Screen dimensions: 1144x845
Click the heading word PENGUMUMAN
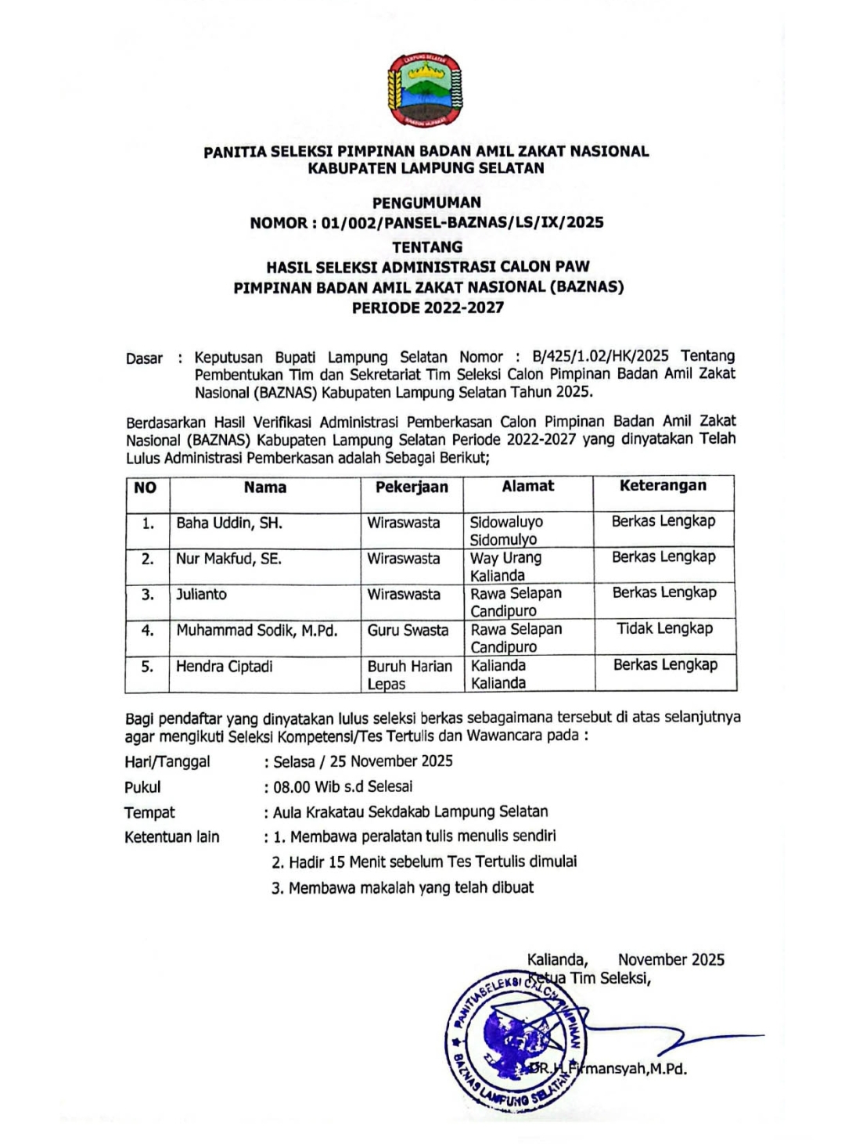tap(426, 202)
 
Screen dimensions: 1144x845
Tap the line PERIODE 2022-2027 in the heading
tap(427, 308)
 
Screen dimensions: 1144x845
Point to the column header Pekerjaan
tap(412, 487)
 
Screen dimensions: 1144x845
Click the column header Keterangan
tap(663, 486)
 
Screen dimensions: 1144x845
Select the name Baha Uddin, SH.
tap(229, 523)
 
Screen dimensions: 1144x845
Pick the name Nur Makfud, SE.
tap(228, 559)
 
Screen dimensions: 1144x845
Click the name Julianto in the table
tap(201, 595)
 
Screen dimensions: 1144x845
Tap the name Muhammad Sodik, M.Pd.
tap(257, 631)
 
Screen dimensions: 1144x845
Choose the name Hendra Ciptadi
tap(225, 667)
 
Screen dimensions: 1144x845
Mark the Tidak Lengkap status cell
tap(664, 628)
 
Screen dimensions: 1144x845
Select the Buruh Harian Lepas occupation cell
tap(410, 675)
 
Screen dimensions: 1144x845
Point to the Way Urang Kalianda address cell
tap(505, 567)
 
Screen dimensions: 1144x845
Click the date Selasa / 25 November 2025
tap(362, 761)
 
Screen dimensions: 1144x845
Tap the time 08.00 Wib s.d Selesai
tap(342, 786)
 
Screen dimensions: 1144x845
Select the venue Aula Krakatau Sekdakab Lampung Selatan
tap(410, 812)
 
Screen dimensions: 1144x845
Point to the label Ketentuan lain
tap(172, 837)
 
